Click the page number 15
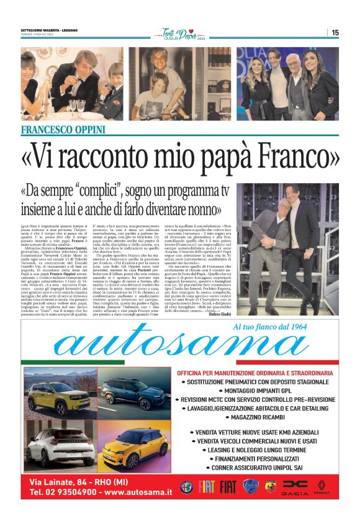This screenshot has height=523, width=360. click(335, 33)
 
